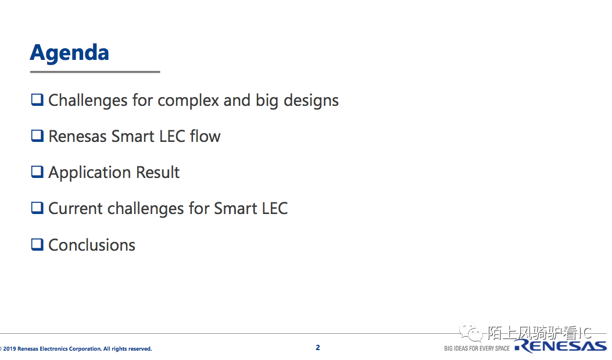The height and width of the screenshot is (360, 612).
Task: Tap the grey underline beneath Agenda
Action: [x=95, y=72]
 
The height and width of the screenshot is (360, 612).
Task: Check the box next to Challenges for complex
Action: [x=37, y=100]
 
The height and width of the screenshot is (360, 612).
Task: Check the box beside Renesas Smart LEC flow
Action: [x=37, y=136]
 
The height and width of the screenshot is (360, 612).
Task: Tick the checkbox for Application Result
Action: [x=37, y=172]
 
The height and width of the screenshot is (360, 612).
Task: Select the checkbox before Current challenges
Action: [x=37, y=208]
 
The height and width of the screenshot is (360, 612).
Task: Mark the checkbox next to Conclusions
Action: [x=37, y=244]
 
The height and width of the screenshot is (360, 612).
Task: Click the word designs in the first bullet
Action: [x=311, y=101]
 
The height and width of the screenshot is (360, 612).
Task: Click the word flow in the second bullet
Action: [x=205, y=136]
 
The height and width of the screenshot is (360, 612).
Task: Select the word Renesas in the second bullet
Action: [x=77, y=136]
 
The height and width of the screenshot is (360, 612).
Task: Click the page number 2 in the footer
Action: [x=318, y=348]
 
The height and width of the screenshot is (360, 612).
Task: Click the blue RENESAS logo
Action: [x=561, y=346]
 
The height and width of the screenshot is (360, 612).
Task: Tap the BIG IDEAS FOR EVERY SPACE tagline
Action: [x=477, y=348]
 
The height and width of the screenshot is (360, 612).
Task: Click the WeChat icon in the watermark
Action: [x=471, y=332]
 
